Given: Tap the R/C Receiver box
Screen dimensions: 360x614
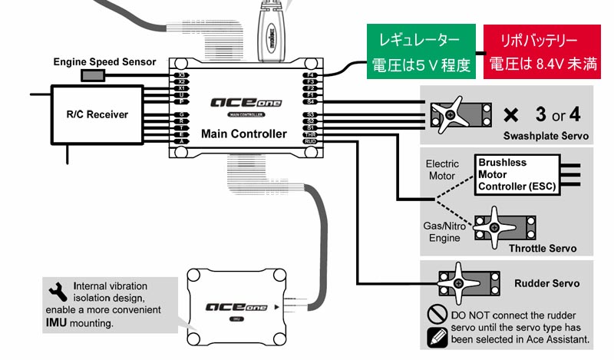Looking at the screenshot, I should click(x=97, y=115).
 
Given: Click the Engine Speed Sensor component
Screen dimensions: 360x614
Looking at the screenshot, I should click(x=94, y=75).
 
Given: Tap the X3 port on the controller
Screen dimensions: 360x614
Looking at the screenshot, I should click(x=181, y=75).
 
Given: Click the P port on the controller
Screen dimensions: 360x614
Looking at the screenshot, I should click(x=181, y=101).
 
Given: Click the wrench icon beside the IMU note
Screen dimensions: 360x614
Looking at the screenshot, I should click(x=57, y=290).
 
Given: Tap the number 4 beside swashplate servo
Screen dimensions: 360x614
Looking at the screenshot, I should click(x=576, y=116).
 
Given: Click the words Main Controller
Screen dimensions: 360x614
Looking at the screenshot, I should click(x=244, y=134).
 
